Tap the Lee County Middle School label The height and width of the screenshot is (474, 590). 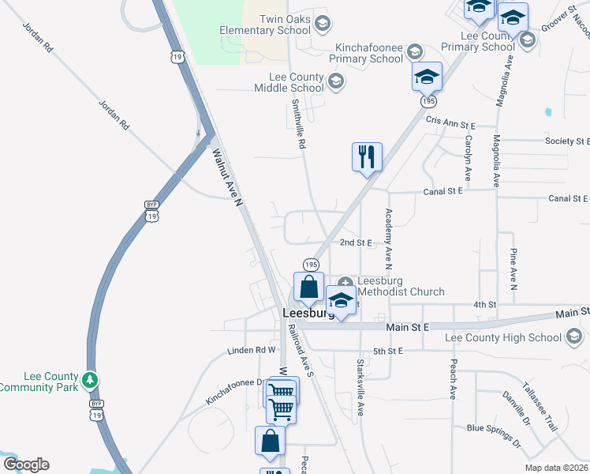297,82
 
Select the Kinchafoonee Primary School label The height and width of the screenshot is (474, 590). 366,53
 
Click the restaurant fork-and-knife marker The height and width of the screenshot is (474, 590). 367,156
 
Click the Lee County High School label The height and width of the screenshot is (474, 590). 503,337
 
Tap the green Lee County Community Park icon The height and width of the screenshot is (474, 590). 92,380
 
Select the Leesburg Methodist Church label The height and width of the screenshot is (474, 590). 401,286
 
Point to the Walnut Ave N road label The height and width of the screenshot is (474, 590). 226,179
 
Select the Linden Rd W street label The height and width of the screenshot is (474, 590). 251,349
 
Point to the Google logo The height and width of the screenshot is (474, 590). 26,465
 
